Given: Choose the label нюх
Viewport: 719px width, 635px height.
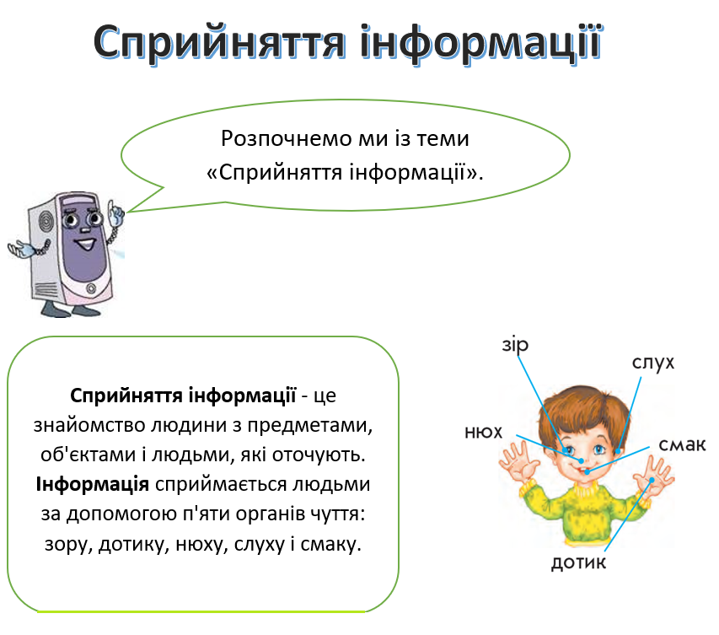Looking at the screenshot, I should tap(483, 433).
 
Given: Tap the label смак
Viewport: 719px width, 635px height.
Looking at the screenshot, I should tap(682, 444).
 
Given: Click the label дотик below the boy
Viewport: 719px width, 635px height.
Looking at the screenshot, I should tap(578, 562).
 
